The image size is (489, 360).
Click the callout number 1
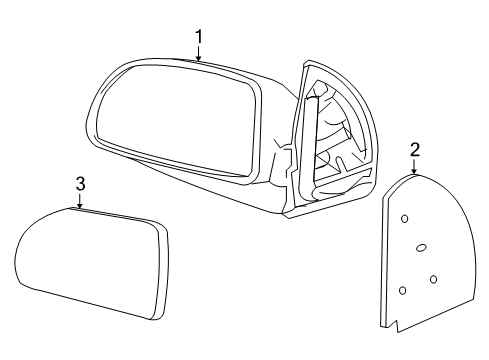pos(199,37)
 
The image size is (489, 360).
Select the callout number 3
pos(80,184)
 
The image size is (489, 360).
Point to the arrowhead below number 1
pos(199,60)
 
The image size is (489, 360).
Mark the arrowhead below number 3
pos(80,206)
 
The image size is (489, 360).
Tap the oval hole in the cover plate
pos(421,247)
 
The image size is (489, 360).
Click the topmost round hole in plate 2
pos(404,218)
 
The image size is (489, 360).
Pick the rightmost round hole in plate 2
pos(434,278)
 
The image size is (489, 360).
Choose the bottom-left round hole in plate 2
pos(402,290)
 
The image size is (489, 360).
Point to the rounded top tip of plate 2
pos(415,177)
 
